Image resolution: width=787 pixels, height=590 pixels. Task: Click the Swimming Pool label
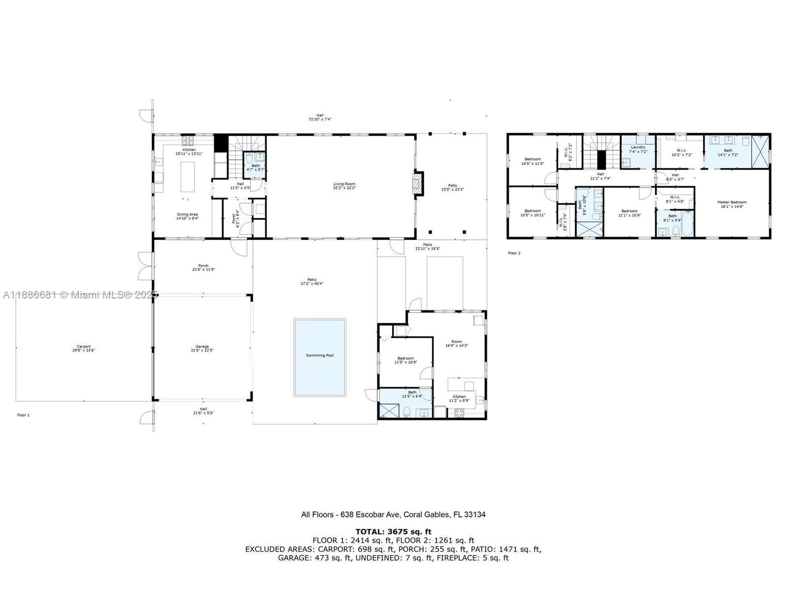320,355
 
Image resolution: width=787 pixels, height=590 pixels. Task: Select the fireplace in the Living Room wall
417,184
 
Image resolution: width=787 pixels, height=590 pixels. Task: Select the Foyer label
234,218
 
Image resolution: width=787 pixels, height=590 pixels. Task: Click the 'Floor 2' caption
514,253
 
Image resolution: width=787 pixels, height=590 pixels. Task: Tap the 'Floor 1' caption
23,415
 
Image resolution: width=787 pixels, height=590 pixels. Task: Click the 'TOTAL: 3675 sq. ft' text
393,531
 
